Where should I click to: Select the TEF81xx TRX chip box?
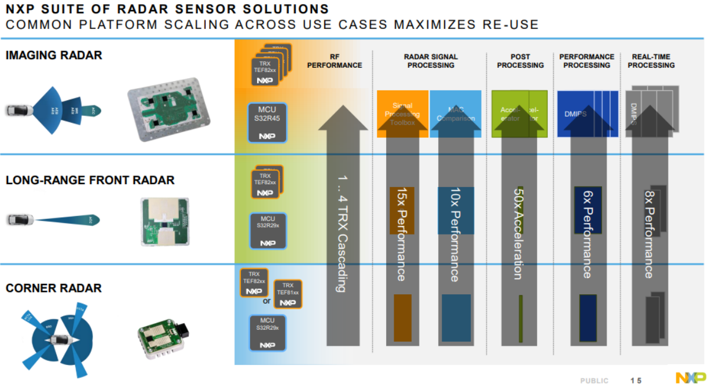point(288,294)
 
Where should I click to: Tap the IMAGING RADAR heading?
point(54,56)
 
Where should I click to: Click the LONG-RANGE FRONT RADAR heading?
point(90,180)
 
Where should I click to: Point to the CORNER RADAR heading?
point(54,288)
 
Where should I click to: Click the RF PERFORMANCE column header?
point(335,61)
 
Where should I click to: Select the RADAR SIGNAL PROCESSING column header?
point(430,61)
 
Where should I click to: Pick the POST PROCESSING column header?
point(520,61)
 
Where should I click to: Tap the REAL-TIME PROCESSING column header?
point(651,61)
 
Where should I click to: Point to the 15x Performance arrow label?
point(401,234)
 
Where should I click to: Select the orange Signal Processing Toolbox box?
point(402,114)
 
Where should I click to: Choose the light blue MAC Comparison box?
point(456,114)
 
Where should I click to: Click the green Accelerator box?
point(519,114)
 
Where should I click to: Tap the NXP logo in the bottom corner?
point(691,378)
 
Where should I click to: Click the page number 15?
point(636,381)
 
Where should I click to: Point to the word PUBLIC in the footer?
point(594,381)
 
